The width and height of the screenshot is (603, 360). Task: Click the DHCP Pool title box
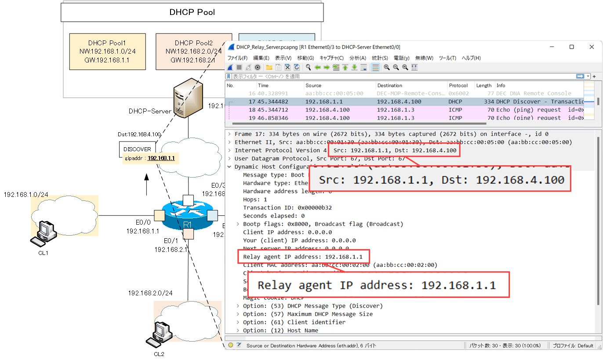[192, 12]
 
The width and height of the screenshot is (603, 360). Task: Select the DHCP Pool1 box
[107, 51]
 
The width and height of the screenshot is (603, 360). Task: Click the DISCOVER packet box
[137, 149]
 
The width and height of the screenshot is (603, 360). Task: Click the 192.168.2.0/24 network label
[150, 293]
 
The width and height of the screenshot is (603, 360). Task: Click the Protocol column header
[458, 85]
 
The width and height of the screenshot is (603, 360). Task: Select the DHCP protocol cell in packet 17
[455, 102]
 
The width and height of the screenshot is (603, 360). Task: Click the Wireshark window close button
[592, 47]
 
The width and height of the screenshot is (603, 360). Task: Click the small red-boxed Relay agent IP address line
[303, 257]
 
